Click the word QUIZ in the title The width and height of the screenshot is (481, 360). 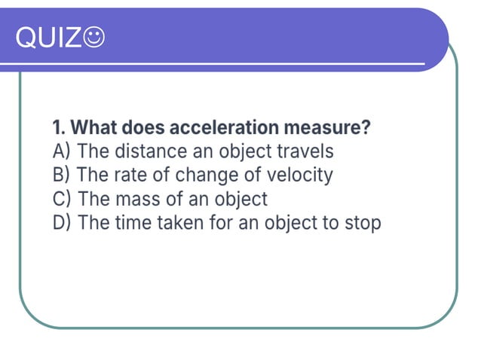[47, 37]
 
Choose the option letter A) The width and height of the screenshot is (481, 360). [61, 151]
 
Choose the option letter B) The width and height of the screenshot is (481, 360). [61, 175]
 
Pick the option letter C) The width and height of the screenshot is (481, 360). [61, 199]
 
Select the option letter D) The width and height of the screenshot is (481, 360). [62, 223]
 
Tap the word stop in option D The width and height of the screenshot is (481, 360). [363, 224]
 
